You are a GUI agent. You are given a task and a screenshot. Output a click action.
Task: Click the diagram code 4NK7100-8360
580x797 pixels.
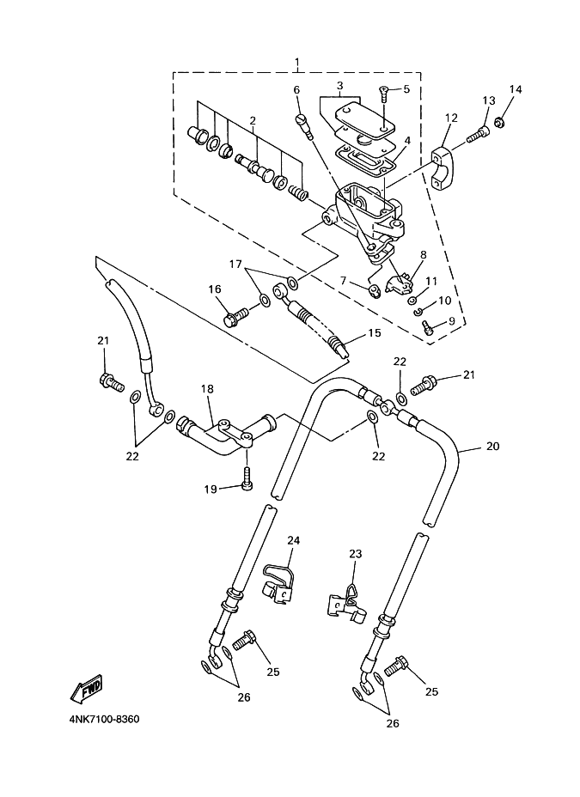coord(104,719)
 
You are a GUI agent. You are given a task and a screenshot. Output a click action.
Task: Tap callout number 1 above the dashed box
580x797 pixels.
coord(296,63)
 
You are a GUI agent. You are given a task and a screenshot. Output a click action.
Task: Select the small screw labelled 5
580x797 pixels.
coord(383,93)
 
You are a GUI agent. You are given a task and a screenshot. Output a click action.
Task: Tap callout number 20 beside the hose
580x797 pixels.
coord(492,447)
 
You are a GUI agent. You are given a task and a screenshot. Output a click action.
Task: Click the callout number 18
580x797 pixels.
coord(207,389)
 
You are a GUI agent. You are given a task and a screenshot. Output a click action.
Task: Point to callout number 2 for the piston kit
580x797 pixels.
coord(252,121)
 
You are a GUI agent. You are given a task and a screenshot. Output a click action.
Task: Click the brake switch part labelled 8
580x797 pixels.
coord(399,282)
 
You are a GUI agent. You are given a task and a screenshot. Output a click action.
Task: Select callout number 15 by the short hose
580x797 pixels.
coord(374,333)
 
